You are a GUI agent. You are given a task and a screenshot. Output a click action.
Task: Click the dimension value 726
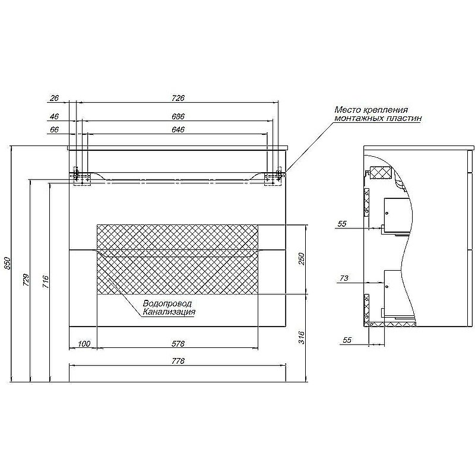178,98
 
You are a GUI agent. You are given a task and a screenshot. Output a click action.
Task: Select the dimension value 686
178,116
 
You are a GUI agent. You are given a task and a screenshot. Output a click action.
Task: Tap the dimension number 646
178,129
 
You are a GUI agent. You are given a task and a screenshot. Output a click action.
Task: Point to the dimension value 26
54,98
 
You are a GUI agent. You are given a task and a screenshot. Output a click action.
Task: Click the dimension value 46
54,116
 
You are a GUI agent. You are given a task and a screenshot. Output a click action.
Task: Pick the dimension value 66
54,129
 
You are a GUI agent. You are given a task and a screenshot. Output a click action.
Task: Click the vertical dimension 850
7,264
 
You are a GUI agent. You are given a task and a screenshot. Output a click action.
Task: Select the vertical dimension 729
26,280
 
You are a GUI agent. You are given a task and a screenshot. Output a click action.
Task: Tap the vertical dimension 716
46,281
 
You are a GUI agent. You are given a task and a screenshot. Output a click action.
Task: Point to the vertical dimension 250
302,259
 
